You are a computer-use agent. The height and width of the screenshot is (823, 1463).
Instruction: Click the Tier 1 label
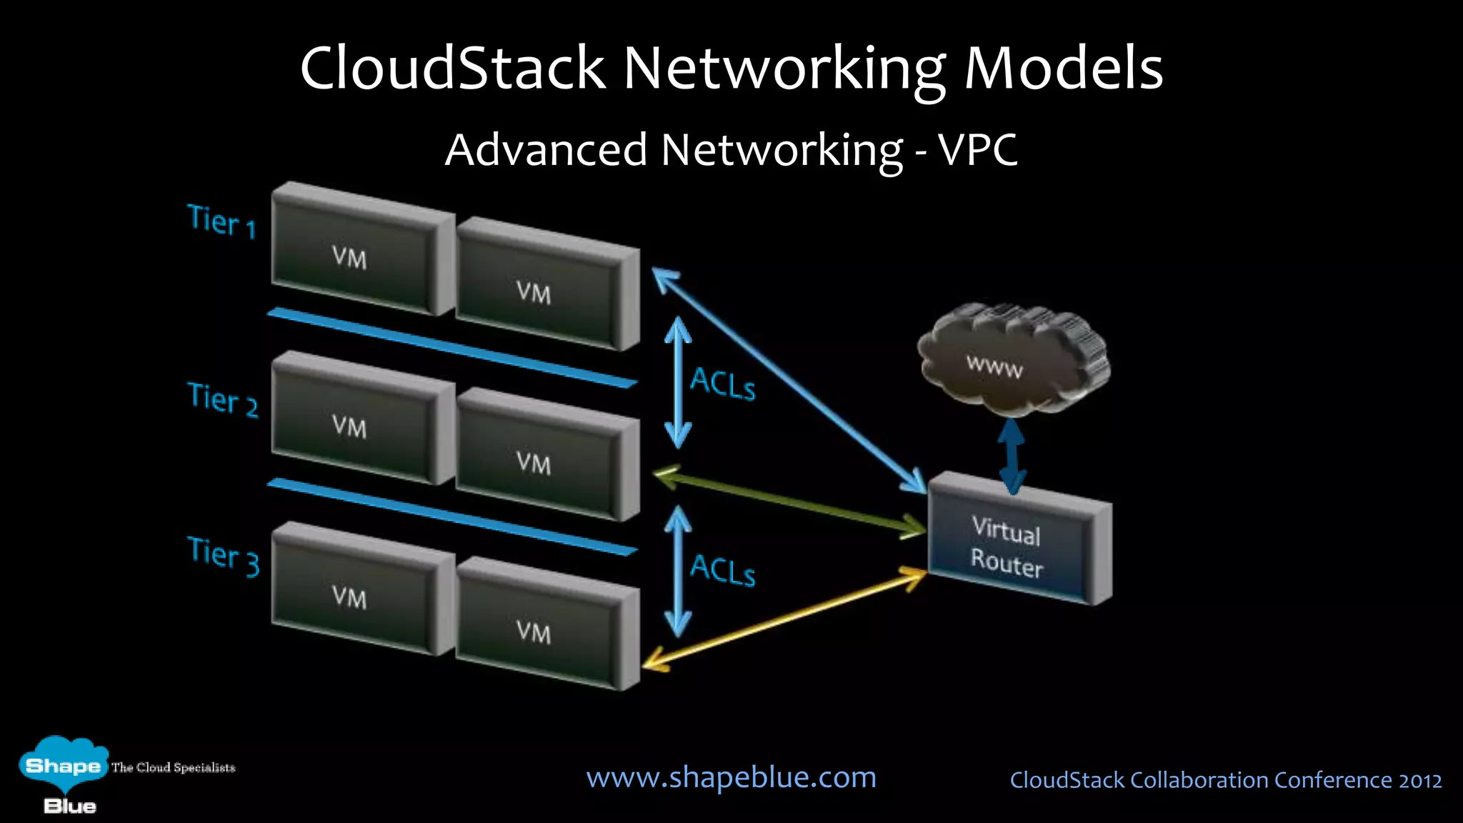coord(221,221)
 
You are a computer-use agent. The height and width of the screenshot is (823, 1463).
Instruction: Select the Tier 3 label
coord(224,555)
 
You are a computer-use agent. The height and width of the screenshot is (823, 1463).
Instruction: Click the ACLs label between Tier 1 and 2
coord(722,384)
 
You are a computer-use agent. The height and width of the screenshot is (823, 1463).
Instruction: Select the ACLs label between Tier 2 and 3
coord(722,569)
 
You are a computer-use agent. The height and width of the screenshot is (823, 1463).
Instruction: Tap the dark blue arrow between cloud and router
coord(1012,456)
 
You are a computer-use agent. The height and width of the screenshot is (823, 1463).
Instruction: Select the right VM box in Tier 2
coord(537,459)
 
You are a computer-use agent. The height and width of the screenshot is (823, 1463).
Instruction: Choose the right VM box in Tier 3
coord(537,629)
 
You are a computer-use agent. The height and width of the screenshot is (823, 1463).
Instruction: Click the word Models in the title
coord(1064,69)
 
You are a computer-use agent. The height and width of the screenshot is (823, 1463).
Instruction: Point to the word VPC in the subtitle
coord(978,150)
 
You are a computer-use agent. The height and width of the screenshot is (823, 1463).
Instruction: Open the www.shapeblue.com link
coord(731,777)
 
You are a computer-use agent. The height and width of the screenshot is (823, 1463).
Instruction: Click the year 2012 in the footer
coord(1420,780)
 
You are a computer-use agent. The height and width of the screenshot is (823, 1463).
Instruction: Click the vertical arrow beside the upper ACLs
coord(678,382)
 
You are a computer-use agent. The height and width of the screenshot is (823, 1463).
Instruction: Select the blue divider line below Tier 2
coord(451,516)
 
